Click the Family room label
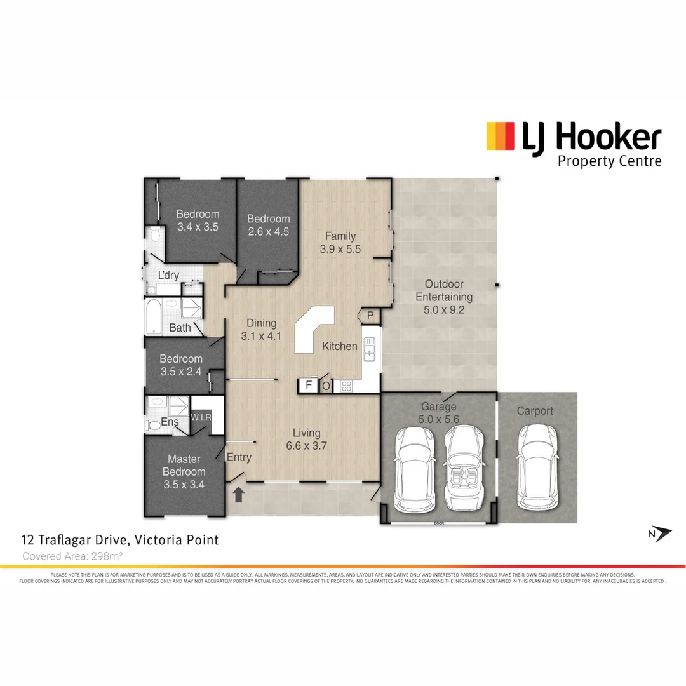(340, 243)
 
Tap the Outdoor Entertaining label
(444, 297)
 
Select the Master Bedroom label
(184, 471)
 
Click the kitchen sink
(370, 350)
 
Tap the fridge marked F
(309, 385)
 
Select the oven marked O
(326, 386)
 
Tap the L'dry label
(168, 275)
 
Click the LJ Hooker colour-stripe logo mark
(500, 136)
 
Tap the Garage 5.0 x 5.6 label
(439, 413)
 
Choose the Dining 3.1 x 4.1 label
(261, 330)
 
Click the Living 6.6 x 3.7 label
(306, 440)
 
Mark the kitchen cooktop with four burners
(346, 385)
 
